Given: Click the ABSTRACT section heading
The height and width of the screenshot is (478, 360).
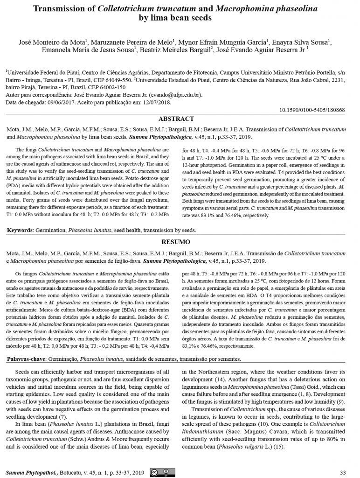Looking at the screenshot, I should pos(180,119).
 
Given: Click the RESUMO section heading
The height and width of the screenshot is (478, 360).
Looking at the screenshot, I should pos(180,242).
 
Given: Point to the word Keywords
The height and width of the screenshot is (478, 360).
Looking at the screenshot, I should pos(21,231).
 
